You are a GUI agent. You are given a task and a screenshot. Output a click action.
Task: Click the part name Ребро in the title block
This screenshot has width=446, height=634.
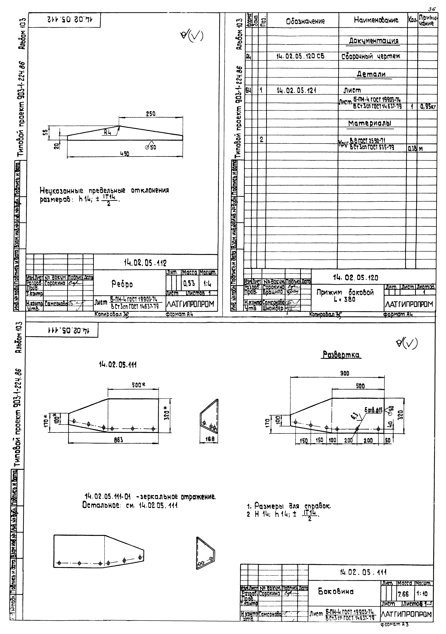(x=122, y=284)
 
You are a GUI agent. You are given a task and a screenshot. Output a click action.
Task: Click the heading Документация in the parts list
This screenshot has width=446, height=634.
(x=373, y=41)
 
